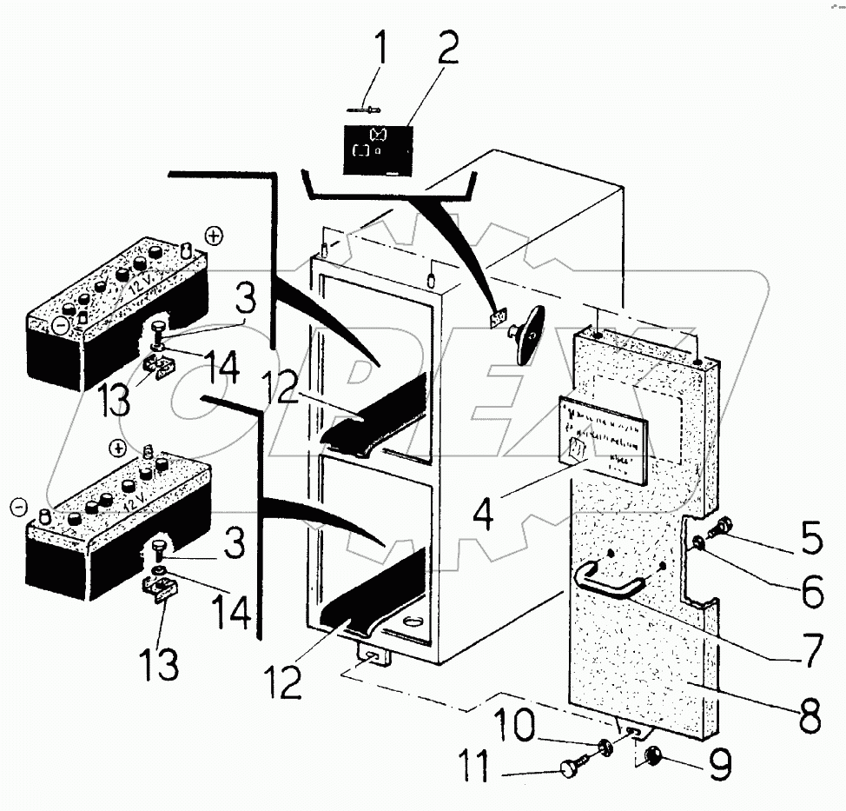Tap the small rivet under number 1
(368, 111)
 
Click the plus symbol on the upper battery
(214, 235)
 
